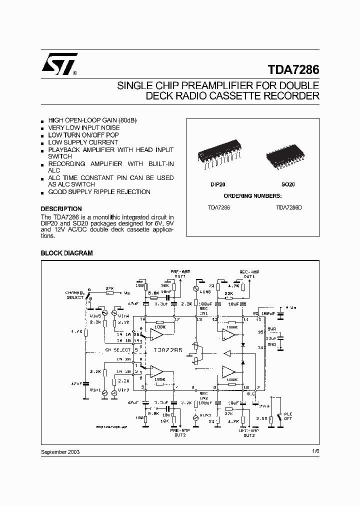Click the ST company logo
coord(59,63)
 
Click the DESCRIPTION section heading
coord(61,209)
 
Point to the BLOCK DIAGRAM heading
coord(66,253)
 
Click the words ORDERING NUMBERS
coord(252,196)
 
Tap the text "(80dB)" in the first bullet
coord(127,121)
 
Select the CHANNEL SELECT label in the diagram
coord(75,295)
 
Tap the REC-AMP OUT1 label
coord(249,273)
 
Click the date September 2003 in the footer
coord(60,451)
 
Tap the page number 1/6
coord(314,451)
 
